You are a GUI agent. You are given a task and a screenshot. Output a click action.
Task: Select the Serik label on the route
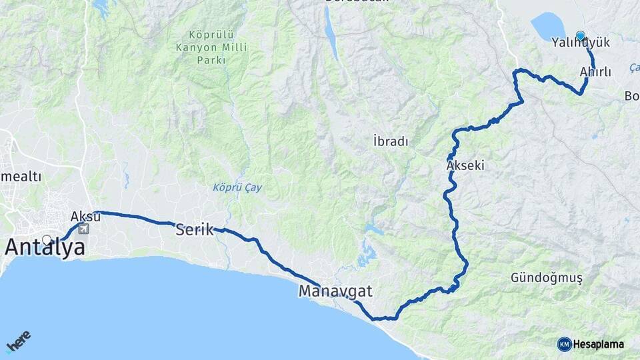pos(194,230)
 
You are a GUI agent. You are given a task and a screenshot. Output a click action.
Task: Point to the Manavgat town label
pos(335,291)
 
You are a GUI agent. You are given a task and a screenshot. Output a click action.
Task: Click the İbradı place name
pos(391,141)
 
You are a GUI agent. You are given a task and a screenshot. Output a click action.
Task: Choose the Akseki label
pos(465,165)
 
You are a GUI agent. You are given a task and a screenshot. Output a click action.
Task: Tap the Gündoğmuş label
pos(546,277)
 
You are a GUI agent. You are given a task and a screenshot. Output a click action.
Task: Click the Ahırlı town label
pos(595,72)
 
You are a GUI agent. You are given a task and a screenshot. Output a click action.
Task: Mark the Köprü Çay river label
pos(237,188)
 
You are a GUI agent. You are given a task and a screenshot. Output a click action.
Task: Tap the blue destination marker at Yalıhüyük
pos(581,35)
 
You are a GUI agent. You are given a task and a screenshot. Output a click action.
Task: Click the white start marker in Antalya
pos(47,239)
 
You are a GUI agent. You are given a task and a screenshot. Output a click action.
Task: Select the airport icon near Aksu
pos(83,229)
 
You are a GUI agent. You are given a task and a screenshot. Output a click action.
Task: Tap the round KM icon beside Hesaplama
pos(565,344)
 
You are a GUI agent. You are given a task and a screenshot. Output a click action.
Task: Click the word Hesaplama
pos(599,345)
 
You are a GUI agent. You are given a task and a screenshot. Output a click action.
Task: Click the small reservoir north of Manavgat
pos(366,253)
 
